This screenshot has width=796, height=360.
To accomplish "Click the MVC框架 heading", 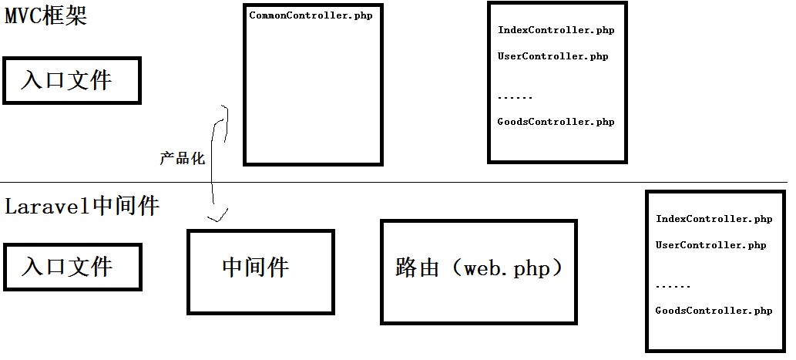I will [x=46, y=15].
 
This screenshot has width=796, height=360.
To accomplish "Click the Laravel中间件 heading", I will [x=82, y=206].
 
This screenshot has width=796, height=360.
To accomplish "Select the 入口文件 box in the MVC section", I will [x=72, y=80].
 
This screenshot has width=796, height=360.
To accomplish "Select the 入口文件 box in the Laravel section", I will [x=72, y=267].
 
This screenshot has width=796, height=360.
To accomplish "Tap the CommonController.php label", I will [x=311, y=15].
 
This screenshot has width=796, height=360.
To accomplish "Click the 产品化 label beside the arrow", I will [x=183, y=158].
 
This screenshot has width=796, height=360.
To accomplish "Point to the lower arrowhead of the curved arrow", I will [x=218, y=216].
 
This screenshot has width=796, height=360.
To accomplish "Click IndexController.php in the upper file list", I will [x=556, y=30].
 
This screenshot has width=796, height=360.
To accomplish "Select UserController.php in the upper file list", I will [x=552, y=56].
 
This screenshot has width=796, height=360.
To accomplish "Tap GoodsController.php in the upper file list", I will [x=556, y=122].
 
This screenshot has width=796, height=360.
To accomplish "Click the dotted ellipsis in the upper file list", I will [x=515, y=97].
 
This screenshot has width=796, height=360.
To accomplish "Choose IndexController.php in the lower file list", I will [x=714, y=219].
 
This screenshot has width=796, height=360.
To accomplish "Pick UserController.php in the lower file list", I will [x=710, y=245].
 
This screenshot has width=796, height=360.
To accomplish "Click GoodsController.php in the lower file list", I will [x=714, y=311].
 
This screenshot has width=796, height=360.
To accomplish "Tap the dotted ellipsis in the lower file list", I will [x=673, y=286].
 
